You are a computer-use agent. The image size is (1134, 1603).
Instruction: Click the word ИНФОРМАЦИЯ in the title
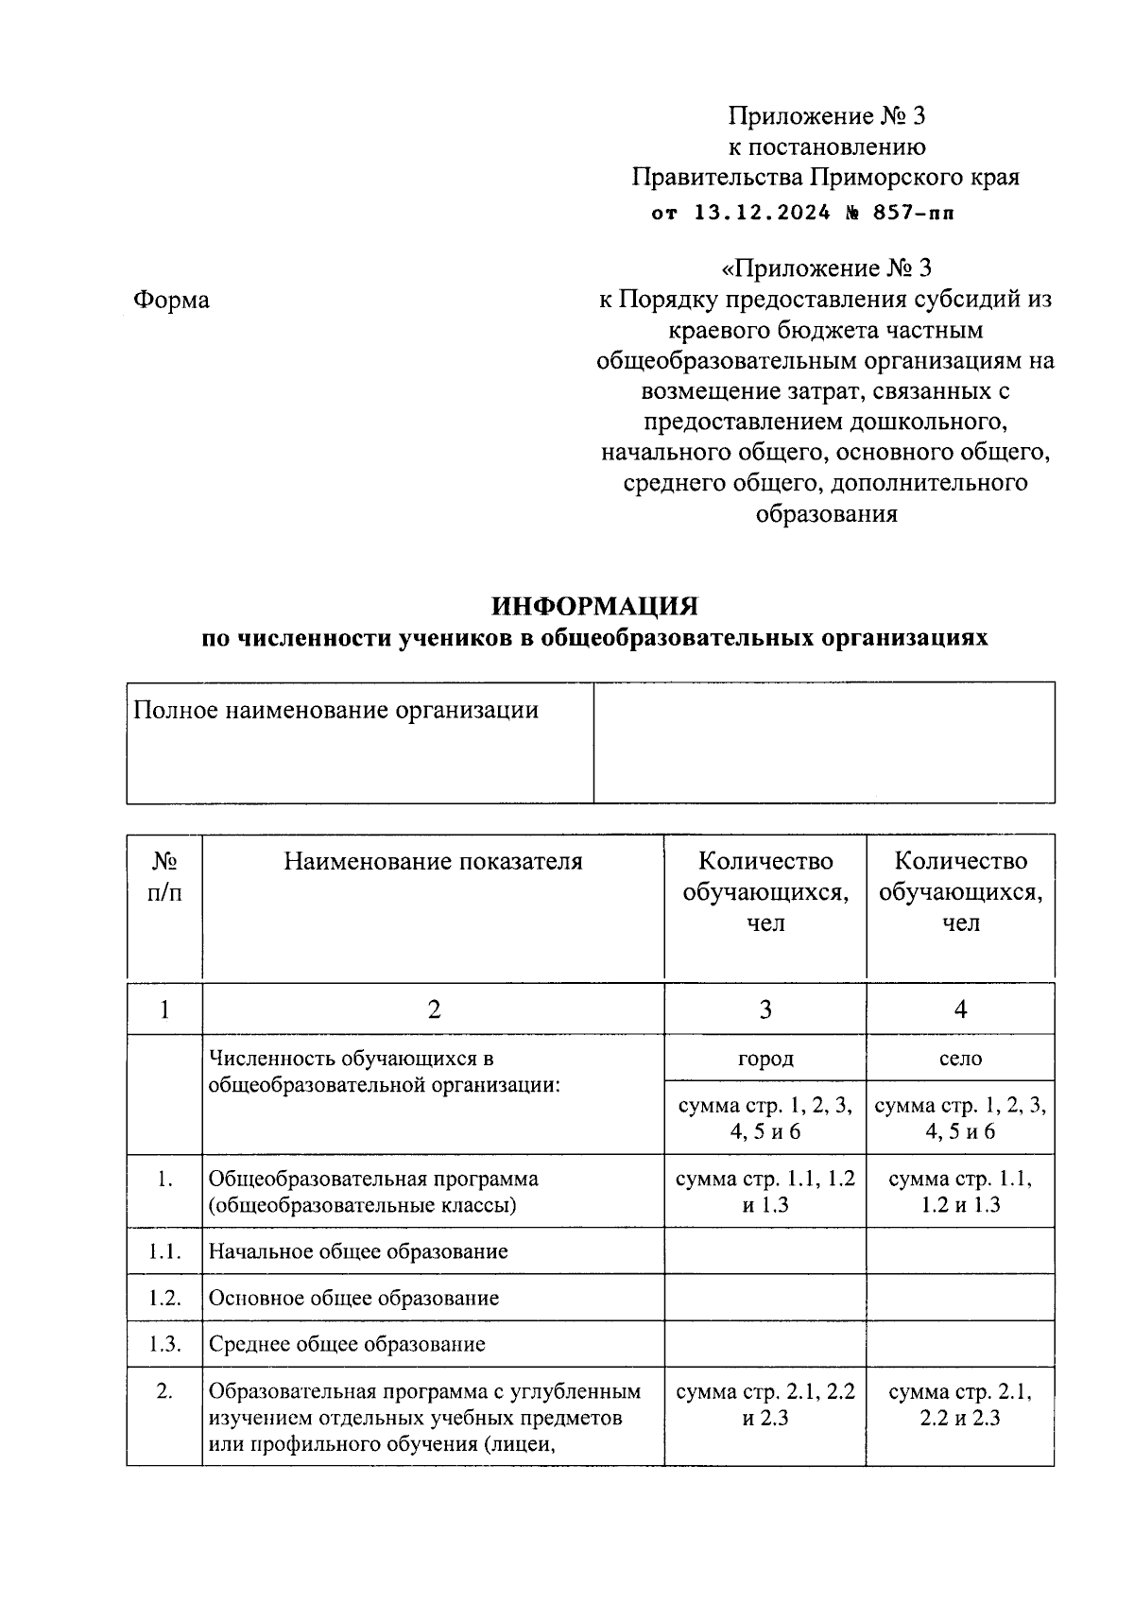click(x=594, y=605)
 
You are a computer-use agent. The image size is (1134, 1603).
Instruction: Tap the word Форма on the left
click(x=171, y=300)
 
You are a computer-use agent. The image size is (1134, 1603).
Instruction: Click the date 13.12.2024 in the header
click(x=762, y=212)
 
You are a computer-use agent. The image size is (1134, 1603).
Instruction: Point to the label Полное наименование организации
click(x=335, y=710)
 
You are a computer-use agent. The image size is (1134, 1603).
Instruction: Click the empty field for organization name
click(x=823, y=743)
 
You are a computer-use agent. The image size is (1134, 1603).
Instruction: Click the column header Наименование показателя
click(x=433, y=861)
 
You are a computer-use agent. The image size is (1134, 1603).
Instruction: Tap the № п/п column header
click(x=164, y=876)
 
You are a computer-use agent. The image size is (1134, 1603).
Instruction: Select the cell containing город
click(x=765, y=1058)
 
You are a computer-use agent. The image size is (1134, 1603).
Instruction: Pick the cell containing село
click(x=960, y=1058)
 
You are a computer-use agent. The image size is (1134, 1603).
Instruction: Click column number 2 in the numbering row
click(x=433, y=1009)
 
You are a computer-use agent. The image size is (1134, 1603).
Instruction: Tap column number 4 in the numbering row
click(x=960, y=1009)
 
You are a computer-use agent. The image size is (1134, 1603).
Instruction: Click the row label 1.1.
click(x=164, y=1251)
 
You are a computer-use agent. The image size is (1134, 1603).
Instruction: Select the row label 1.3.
click(x=164, y=1344)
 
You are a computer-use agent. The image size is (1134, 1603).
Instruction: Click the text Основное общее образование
click(x=353, y=1298)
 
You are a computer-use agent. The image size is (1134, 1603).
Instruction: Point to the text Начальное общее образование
click(x=358, y=1251)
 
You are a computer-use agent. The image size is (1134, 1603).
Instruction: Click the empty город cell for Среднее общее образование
click(x=765, y=1344)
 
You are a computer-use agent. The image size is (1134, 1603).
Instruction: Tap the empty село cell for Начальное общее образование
click(x=960, y=1251)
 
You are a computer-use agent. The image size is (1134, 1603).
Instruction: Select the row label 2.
click(x=164, y=1391)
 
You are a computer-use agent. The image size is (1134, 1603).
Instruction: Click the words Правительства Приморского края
click(x=825, y=177)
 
